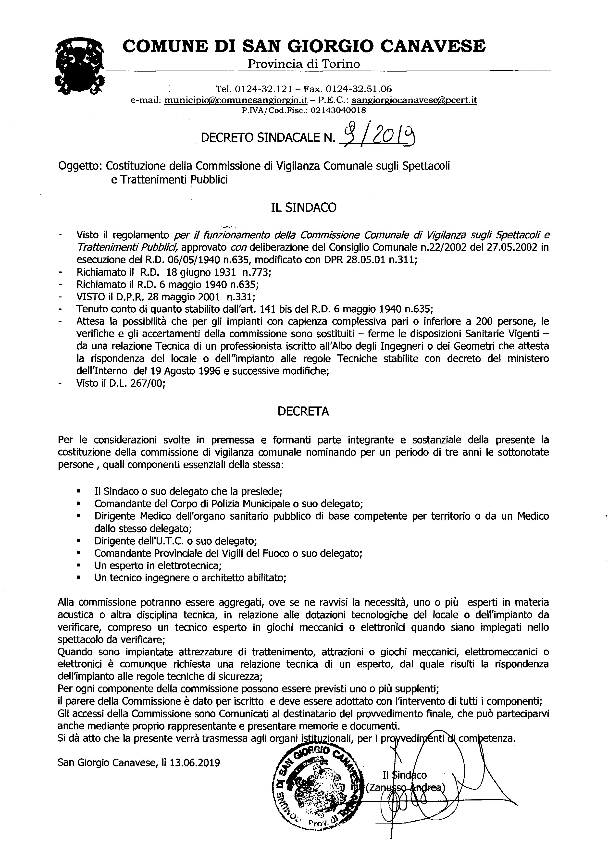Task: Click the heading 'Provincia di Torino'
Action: point(303,64)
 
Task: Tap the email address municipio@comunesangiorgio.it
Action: point(236,100)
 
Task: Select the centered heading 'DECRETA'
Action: point(303,411)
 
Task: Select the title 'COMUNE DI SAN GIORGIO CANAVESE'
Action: point(304,46)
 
